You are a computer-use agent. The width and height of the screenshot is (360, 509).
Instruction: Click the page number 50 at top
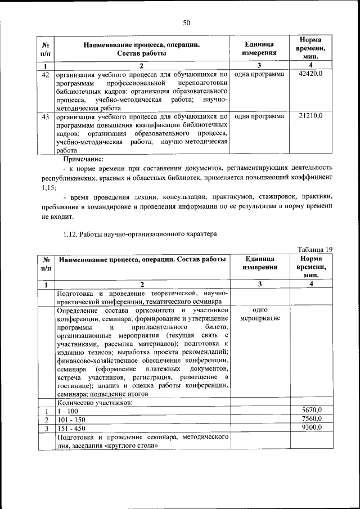point(187,22)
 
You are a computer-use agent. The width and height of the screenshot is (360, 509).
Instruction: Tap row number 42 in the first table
point(46,74)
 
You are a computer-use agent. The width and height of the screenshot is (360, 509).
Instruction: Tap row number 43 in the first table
point(46,116)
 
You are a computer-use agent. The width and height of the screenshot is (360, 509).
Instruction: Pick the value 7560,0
point(310,420)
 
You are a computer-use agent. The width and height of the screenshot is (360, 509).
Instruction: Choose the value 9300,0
point(310,428)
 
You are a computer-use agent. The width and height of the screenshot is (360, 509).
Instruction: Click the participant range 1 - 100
point(68,411)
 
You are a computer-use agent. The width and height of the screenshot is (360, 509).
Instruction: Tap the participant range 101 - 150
point(72,420)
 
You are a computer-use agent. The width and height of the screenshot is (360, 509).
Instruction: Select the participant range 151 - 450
point(72,429)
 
